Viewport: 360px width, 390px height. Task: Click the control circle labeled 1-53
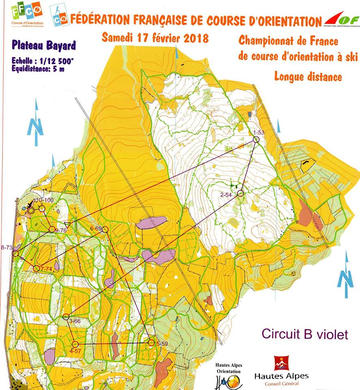[256, 139]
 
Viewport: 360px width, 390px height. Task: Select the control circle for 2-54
[240, 193]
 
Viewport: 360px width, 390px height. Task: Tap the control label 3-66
[75, 321]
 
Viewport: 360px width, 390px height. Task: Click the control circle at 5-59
[151, 343]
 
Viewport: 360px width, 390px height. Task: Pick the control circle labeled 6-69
[105, 230]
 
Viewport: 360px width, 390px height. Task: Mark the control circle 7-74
[37, 268]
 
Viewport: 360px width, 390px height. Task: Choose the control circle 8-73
[15, 253]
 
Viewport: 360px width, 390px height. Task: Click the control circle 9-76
[52, 230]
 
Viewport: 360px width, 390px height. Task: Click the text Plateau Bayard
[43, 45]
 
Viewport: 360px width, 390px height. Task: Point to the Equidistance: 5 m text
[39, 69]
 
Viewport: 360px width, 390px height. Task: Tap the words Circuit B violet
[305, 334]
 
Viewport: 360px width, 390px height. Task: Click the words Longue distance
[308, 76]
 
